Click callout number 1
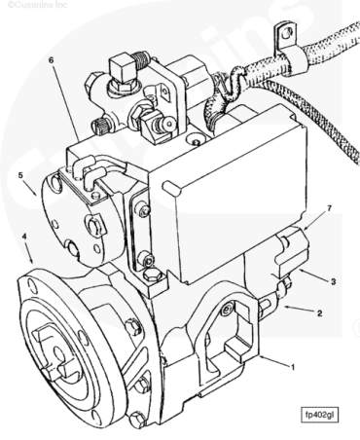[293, 367]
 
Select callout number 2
[319, 313]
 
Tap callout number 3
[333, 281]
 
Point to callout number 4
[23, 236]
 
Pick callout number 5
[20, 175]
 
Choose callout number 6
[51, 60]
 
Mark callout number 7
[330, 208]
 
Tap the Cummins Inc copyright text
[37, 4]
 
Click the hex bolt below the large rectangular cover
[152, 275]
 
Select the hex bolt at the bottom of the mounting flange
[138, 420]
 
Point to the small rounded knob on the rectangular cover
[171, 188]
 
